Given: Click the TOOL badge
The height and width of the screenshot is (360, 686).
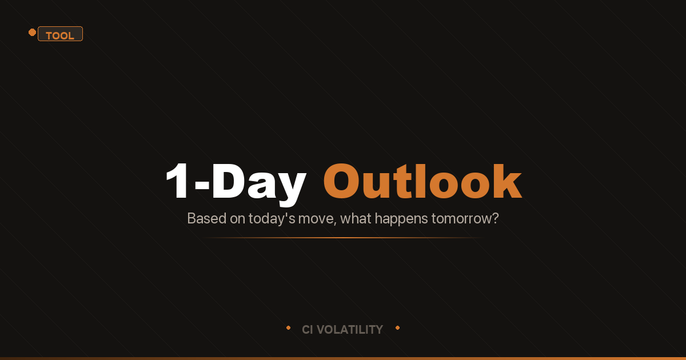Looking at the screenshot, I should pyautogui.click(x=60, y=34).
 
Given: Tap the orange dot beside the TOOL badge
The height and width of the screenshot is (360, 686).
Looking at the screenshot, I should pyautogui.click(x=32, y=32).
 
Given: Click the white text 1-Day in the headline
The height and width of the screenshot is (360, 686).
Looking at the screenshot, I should pyautogui.click(x=235, y=182).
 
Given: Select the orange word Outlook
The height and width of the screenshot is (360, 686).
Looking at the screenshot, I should pyautogui.click(x=422, y=182).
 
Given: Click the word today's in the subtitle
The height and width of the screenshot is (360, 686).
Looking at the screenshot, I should pyautogui.click(x=270, y=218).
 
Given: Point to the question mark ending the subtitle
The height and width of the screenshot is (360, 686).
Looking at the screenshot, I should pyautogui.click(x=495, y=218).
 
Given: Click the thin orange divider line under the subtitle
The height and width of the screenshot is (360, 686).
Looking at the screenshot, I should pyautogui.click(x=343, y=237).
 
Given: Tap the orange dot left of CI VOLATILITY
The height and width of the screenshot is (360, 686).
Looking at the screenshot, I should pyautogui.click(x=288, y=328).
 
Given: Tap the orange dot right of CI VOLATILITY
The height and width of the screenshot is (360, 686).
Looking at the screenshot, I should pyautogui.click(x=397, y=328).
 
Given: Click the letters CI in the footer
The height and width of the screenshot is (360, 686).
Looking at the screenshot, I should pyautogui.click(x=308, y=330).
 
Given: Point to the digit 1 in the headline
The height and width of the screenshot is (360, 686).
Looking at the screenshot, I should pyautogui.click(x=178, y=182).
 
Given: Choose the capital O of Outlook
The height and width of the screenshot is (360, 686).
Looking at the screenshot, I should pyautogui.click(x=344, y=182).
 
